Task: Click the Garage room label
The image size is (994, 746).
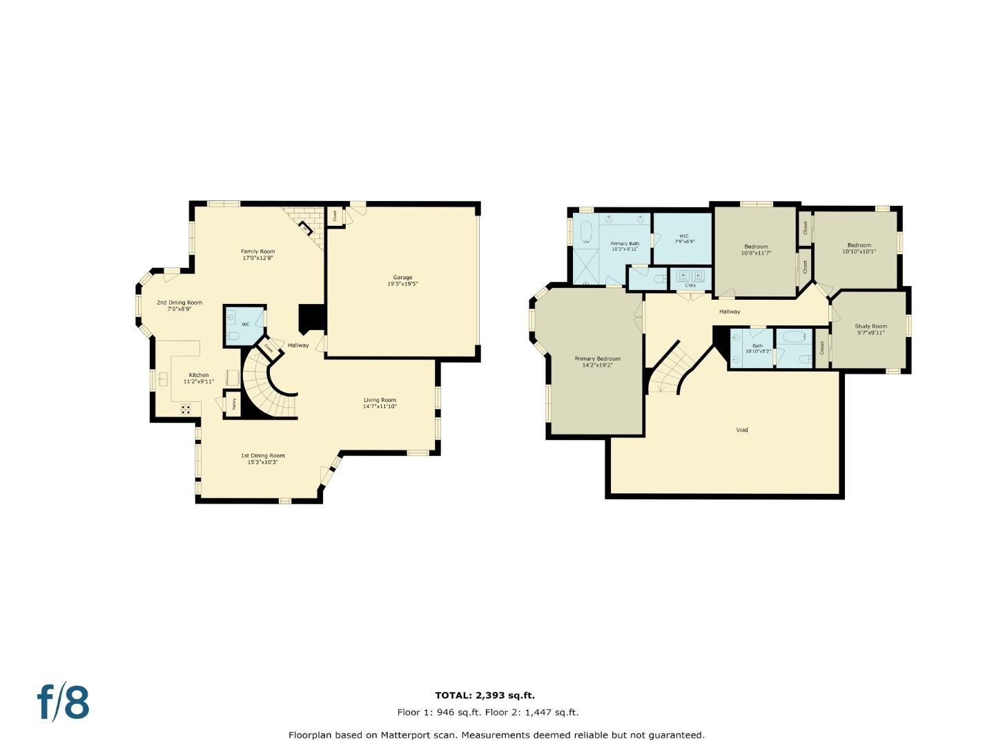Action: point(402,280)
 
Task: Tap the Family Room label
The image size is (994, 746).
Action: point(257,254)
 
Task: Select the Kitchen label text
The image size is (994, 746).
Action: point(199,378)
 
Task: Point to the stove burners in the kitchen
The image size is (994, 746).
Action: point(186,409)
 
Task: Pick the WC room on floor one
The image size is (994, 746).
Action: point(244,325)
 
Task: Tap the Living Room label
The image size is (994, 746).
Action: point(380,403)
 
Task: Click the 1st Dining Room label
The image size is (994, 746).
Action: point(262,459)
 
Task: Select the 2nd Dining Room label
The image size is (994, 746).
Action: point(179,305)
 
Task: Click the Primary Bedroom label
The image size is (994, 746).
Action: point(598,361)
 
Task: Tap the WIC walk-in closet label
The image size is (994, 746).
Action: point(683,238)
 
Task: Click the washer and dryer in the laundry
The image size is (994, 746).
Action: point(690,276)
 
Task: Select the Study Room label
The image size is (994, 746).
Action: point(870,329)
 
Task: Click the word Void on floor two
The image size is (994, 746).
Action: point(742,430)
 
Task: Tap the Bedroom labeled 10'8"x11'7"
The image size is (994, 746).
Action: point(756,249)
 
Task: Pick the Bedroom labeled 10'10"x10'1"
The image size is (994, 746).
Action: point(859,248)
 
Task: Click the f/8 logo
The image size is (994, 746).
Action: point(63,702)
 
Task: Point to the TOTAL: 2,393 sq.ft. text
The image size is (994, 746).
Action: point(485,696)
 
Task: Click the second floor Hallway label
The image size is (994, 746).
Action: point(730,312)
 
